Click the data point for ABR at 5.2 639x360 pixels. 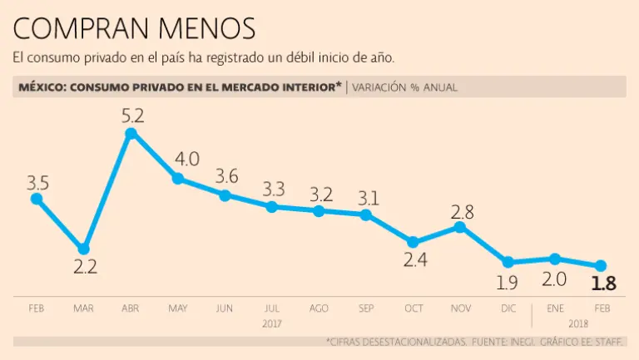click(131, 134)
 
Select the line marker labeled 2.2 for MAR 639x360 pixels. click(83, 249)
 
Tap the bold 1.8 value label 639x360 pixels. click(603, 284)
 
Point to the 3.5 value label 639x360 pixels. click(37, 182)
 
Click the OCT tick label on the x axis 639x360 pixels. click(414, 308)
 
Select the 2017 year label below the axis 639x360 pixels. click(272, 323)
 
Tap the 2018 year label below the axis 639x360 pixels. click(578, 323)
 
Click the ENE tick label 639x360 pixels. click(555, 308)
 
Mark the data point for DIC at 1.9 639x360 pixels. click(508, 262)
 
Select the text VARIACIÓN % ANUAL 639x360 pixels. click(405, 86)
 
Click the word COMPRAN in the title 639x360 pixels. click(75, 29)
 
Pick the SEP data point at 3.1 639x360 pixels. click(366, 215)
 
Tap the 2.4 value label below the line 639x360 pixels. click(414, 260)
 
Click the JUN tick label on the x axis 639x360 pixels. click(225, 308)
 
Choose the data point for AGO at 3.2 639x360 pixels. click(319, 211)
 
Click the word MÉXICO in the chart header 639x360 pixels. click(42, 86)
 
